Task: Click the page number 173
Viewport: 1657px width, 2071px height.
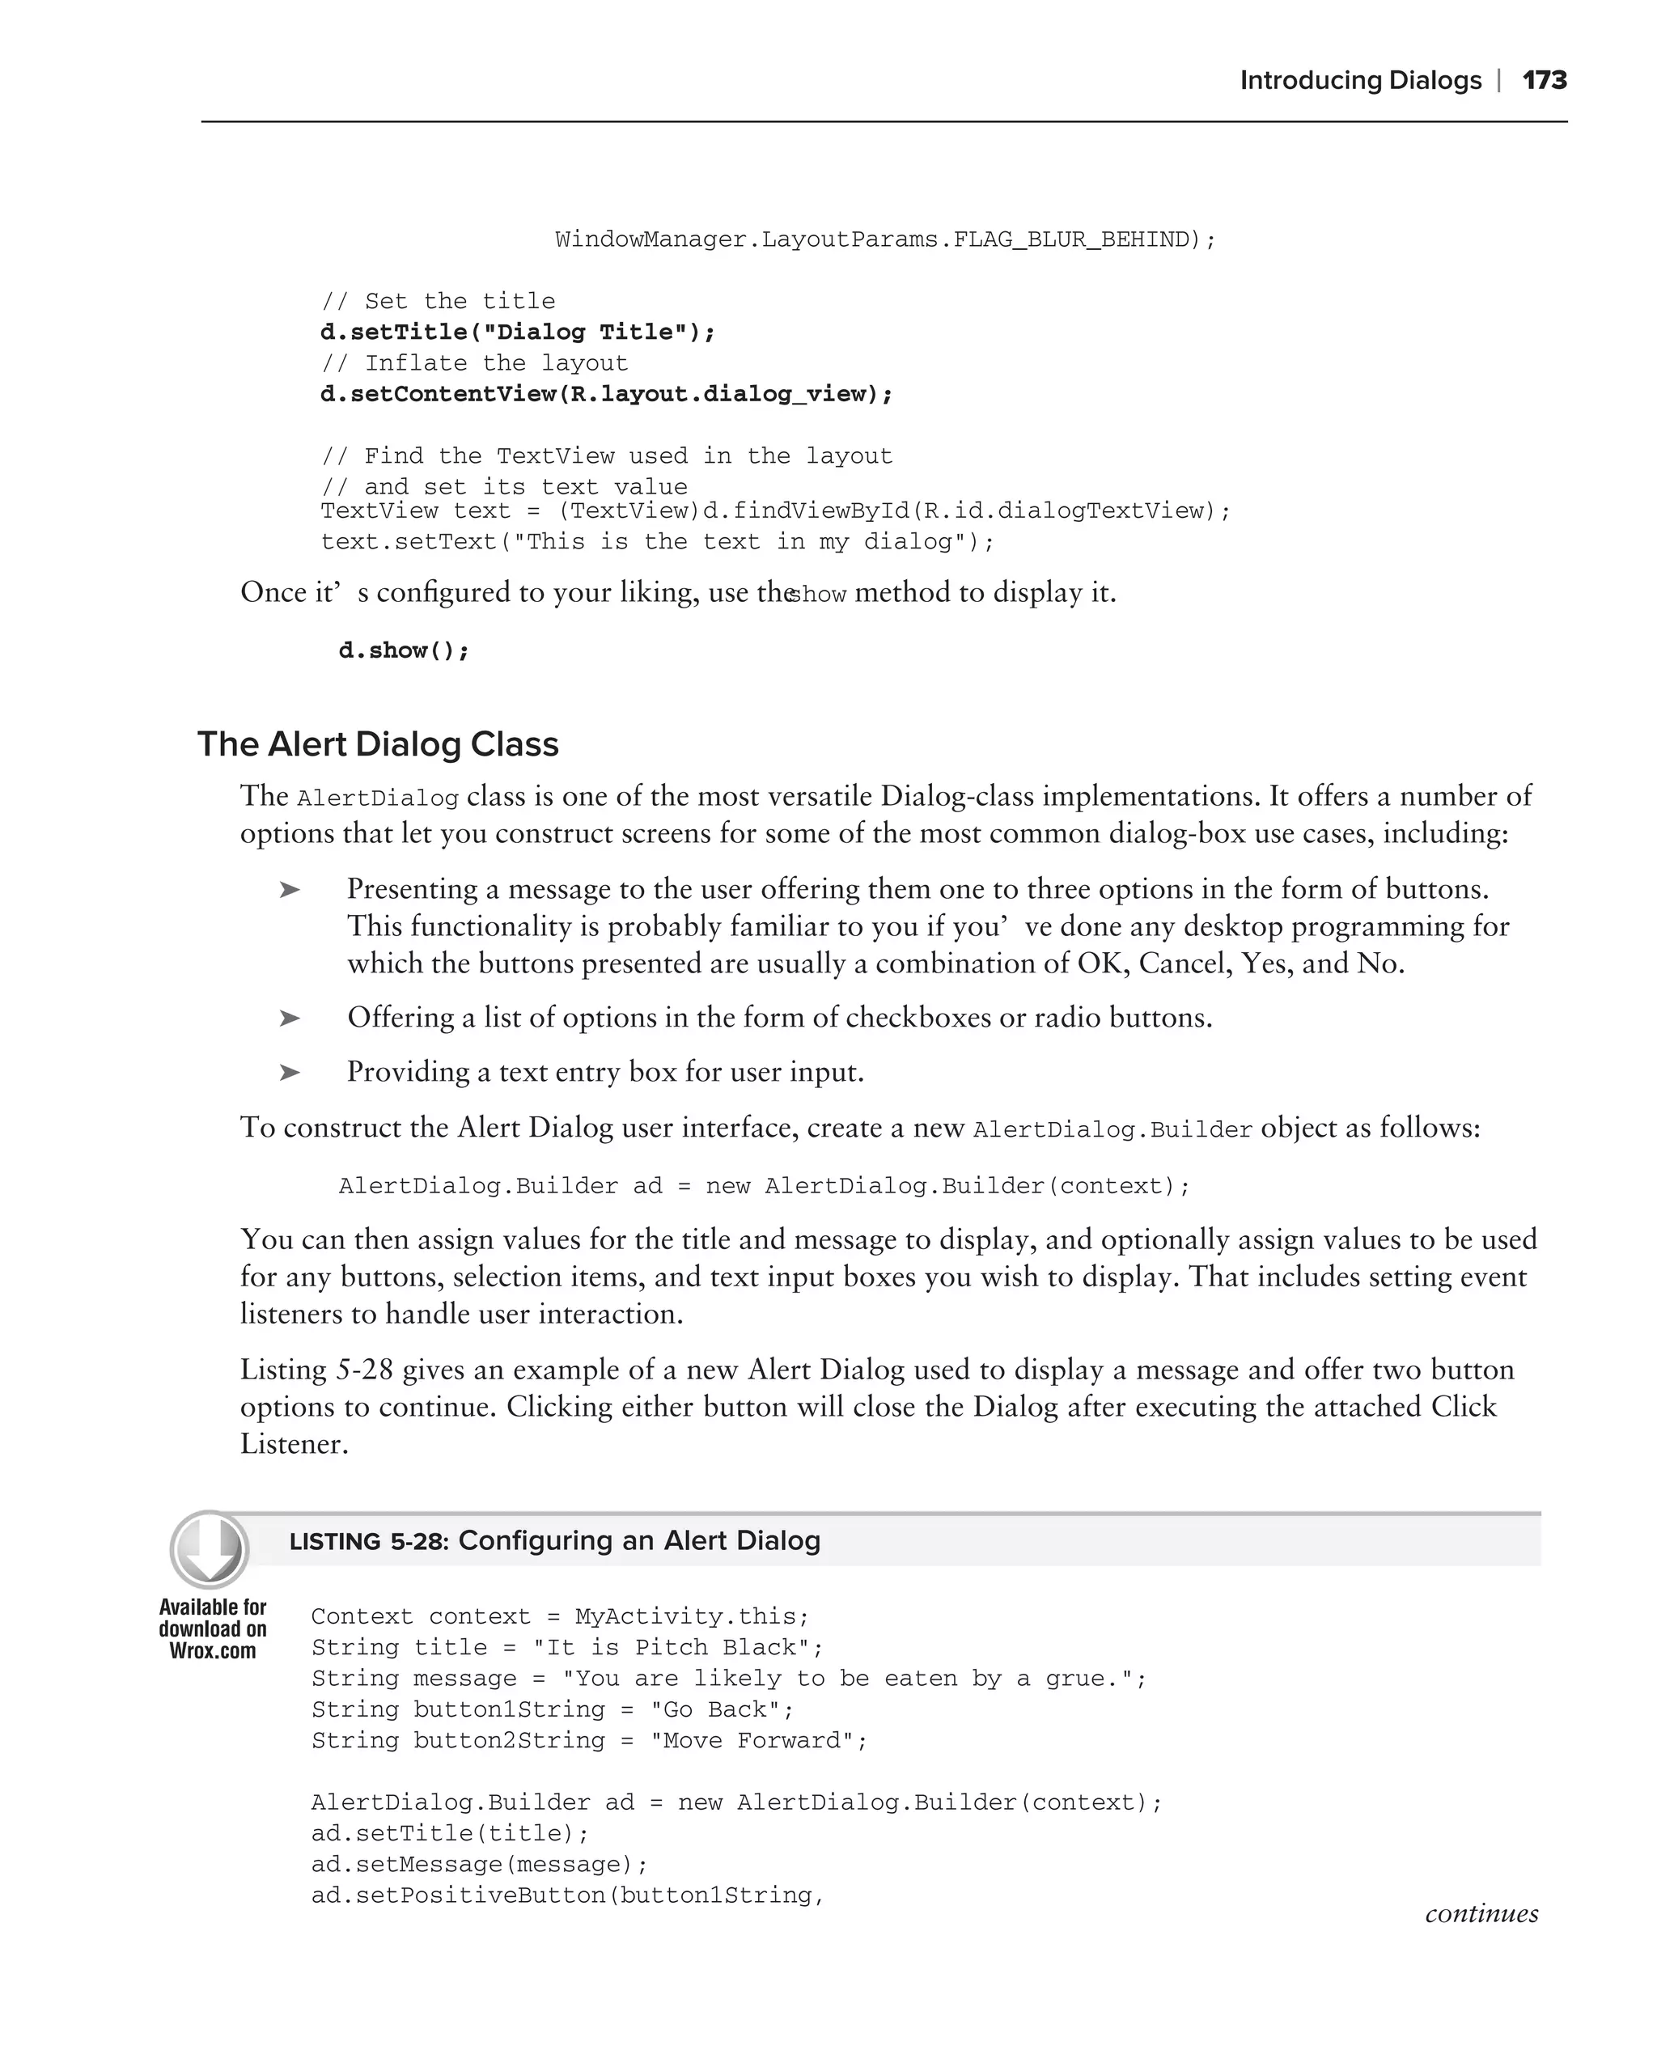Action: point(1544,81)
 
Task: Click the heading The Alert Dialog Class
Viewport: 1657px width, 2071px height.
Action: point(378,744)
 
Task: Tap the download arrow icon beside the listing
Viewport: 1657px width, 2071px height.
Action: point(210,1549)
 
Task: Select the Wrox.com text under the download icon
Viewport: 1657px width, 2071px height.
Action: point(212,1651)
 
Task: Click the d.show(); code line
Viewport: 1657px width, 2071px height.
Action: point(404,651)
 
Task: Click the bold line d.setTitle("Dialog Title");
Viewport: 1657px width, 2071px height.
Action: point(518,332)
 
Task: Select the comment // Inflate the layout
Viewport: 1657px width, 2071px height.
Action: point(474,363)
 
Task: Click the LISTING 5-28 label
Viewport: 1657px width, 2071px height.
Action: point(368,1542)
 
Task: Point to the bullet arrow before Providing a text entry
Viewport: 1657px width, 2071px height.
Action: point(289,1072)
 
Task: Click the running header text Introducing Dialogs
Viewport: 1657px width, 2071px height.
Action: point(1360,81)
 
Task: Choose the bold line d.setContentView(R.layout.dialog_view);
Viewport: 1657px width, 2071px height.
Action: point(606,394)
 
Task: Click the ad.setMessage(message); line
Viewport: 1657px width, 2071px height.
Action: point(479,1865)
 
